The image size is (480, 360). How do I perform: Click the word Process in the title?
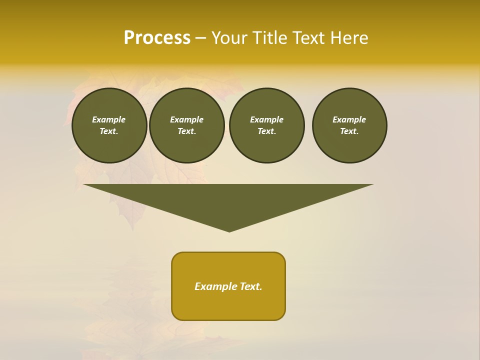pos(157,38)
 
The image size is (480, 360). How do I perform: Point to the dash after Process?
pos(200,38)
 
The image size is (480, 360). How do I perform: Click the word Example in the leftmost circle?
pos(109,119)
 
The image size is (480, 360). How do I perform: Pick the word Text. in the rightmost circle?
pos(349,131)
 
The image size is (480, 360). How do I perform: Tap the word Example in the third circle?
pos(267,119)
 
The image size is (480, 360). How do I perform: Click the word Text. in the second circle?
pos(187,131)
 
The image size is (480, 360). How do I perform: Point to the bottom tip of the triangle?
pos(229,230)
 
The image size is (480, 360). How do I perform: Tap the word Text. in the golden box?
pos(252,286)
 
